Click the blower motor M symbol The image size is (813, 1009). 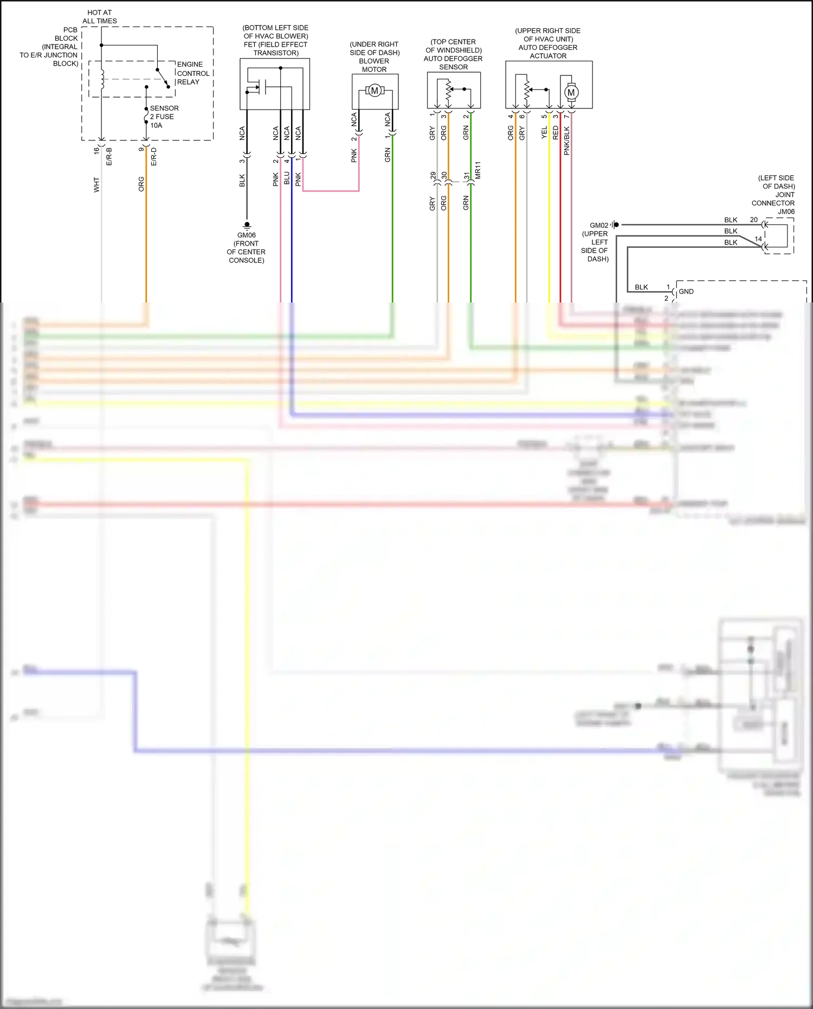tap(375, 91)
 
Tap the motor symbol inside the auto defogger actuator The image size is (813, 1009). tap(571, 92)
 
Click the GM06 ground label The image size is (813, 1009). tap(247, 235)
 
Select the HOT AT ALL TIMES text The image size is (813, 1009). tap(100, 17)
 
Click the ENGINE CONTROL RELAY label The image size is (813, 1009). tap(193, 73)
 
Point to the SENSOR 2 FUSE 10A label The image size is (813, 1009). tap(164, 117)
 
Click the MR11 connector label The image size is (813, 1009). tap(478, 170)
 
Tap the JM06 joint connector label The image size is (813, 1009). tap(786, 211)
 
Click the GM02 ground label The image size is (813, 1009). tap(599, 226)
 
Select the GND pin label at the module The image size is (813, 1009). tap(686, 292)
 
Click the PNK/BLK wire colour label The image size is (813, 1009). tap(567, 141)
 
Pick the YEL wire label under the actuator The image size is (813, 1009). tap(544, 133)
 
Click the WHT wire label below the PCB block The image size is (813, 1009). tap(96, 184)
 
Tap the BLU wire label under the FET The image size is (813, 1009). tap(287, 178)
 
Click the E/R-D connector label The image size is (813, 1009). tap(154, 156)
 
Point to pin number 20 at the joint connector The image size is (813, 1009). tap(753, 220)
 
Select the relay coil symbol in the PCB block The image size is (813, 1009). tap(101, 79)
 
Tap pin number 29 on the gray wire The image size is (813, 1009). tap(433, 176)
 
